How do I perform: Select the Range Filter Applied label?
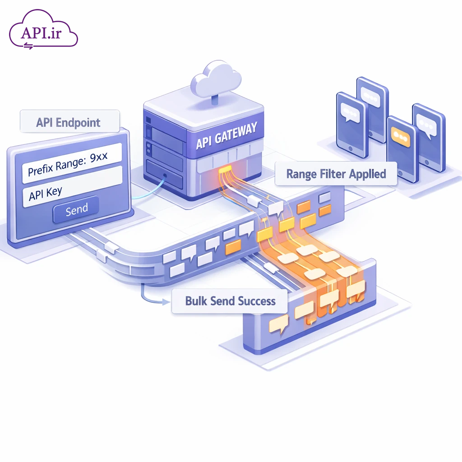tap(336, 174)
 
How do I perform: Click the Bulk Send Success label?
tap(230, 301)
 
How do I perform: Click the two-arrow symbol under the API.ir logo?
tap(28, 45)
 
